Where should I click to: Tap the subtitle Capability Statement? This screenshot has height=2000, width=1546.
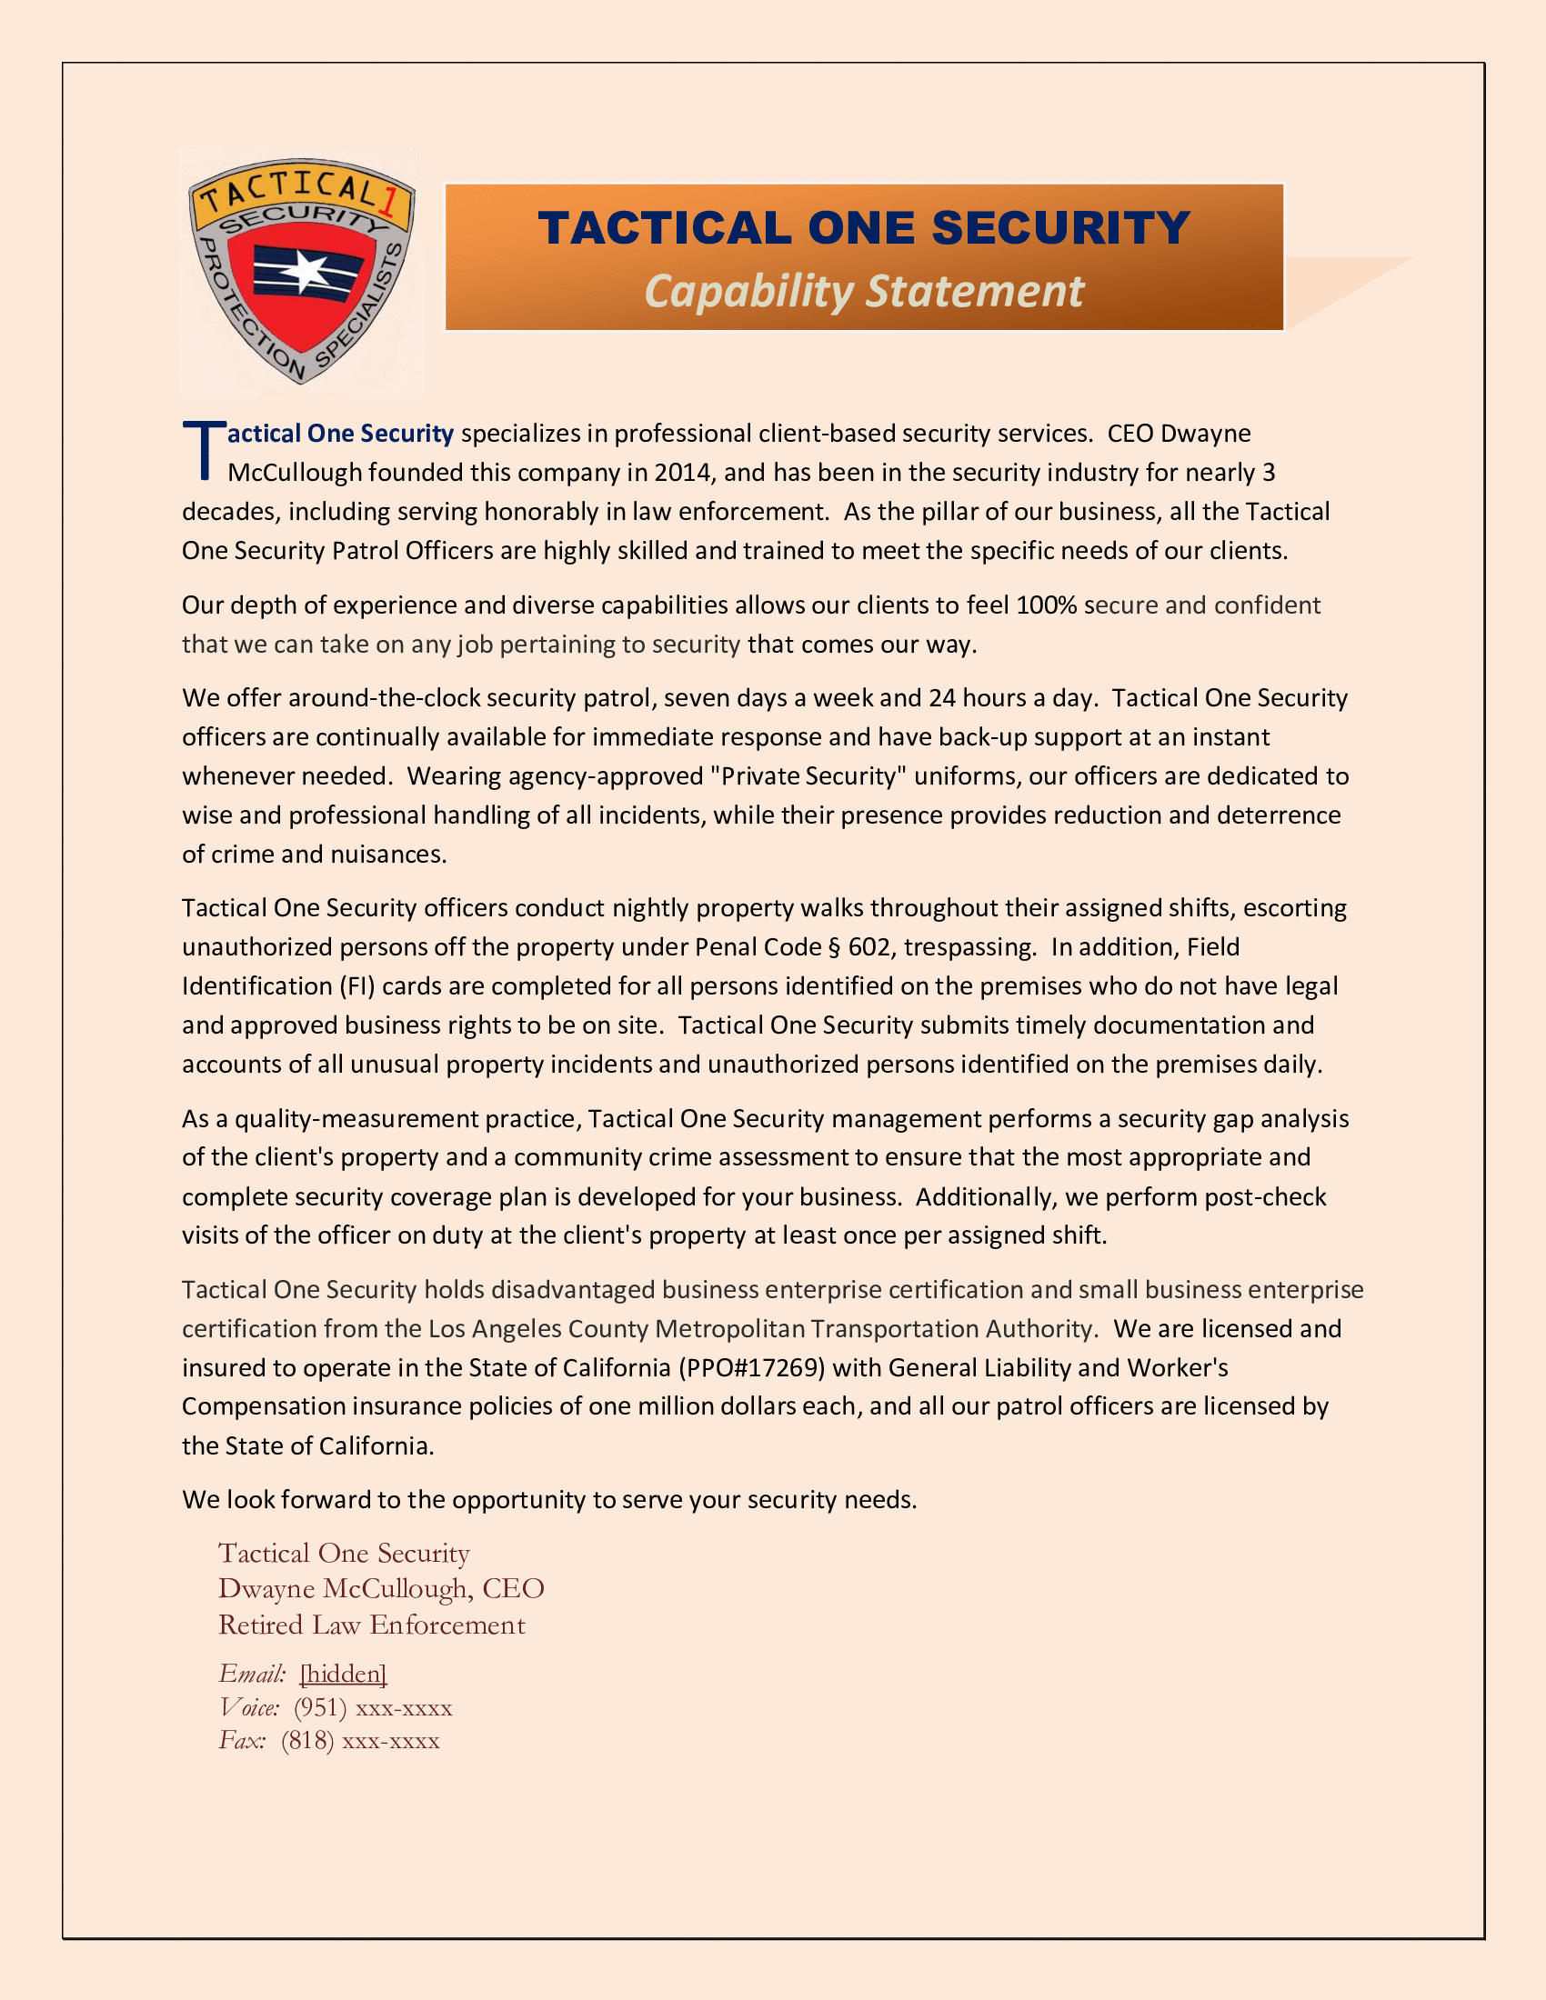click(x=864, y=291)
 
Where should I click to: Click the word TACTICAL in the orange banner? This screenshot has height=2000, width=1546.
click(x=665, y=228)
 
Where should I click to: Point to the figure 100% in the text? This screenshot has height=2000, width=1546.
click(x=1046, y=605)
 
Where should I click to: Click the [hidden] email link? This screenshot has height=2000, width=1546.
click(x=344, y=1674)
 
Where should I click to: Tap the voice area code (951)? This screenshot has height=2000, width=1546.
click(x=320, y=1708)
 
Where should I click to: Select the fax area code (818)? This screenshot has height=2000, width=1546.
click(x=307, y=1741)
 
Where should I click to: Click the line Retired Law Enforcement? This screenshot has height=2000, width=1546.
click(x=372, y=1625)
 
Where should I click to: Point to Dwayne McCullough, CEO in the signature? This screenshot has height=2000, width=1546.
click(x=381, y=1589)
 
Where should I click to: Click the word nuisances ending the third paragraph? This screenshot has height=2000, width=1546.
click(x=388, y=855)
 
